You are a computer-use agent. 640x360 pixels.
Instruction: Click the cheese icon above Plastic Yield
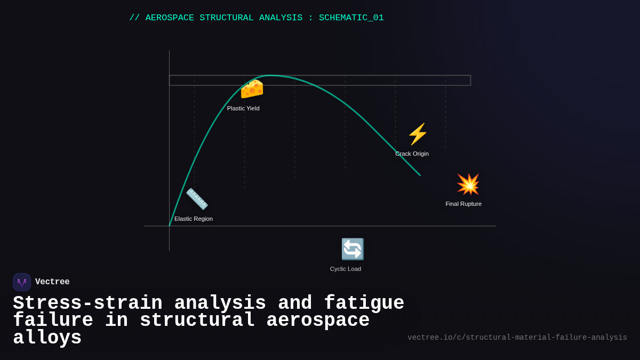click(x=252, y=89)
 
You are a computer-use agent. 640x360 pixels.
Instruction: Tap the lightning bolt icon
click(x=418, y=134)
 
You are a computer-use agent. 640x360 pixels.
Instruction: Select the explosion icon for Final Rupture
click(x=468, y=185)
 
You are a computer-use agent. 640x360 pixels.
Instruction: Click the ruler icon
click(x=197, y=199)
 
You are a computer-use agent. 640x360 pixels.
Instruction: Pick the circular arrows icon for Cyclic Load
click(x=353, y=249)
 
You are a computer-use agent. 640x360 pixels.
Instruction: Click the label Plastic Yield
click(x=243, y=108)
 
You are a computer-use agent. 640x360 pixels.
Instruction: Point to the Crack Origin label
click(x=412, y=154)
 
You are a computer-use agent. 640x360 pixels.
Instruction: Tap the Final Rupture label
click(x=463, y=204)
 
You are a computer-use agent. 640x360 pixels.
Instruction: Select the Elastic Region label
click(x=194, y=219)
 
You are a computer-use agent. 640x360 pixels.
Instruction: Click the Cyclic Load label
click(x=346, y=269)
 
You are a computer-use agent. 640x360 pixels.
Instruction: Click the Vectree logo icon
click(x=22, y=282)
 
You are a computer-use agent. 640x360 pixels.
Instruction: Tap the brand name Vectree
click(x=52, y=282)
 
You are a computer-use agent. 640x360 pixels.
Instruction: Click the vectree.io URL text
click(x=517, y=338)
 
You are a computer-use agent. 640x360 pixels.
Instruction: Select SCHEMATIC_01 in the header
click(x=351, y=18)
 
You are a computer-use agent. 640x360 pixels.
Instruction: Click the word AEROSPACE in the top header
click(x=170, y=18)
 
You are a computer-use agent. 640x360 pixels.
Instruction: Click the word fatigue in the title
click(x=364, y=303)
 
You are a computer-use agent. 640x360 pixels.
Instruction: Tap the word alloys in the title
click(x=47, y=338)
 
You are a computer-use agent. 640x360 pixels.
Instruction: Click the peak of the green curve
click(x=270, y=76)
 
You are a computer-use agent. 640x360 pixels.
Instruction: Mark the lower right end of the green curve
click(x=420, y=175)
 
